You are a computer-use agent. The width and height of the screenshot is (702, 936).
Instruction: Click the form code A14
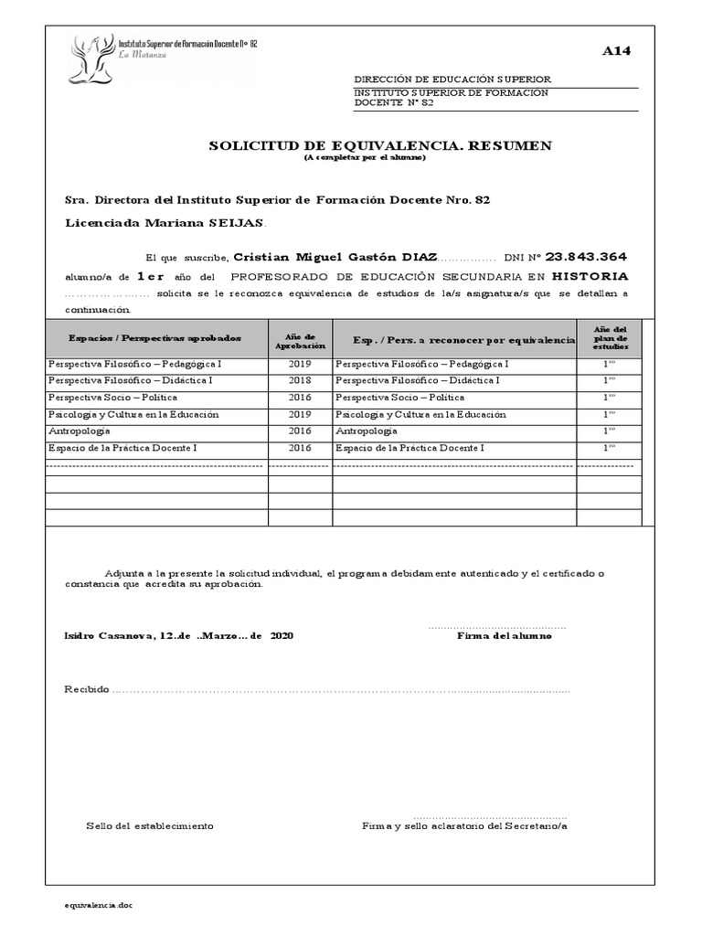click(615, 51)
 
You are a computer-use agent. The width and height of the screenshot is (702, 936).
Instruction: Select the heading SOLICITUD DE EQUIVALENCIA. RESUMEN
click(380, 145)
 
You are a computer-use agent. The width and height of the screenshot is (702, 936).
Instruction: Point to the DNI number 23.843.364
click(585, 257)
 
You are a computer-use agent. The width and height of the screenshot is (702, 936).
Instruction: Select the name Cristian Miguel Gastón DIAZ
click(335, 258)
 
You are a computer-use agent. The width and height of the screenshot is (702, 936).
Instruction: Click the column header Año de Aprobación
click(300, 341)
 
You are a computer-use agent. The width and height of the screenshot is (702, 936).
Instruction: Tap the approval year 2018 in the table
click(300, 380)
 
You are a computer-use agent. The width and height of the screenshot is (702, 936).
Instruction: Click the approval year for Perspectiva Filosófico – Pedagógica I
click(300, 364)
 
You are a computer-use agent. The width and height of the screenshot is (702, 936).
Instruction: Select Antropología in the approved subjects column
click(82, 431)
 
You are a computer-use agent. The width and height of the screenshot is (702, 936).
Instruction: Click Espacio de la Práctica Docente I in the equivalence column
click(409, 448)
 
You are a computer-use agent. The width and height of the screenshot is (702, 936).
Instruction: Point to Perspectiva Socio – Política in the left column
click(112, 398)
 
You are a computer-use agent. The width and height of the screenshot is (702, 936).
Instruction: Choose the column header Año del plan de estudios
click(610, 338)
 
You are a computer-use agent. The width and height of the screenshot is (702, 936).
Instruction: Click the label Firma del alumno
click(504, 636)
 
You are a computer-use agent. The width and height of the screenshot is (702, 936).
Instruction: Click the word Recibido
click(87, 688)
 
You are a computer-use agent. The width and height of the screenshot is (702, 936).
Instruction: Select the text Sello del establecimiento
click(150, 825)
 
